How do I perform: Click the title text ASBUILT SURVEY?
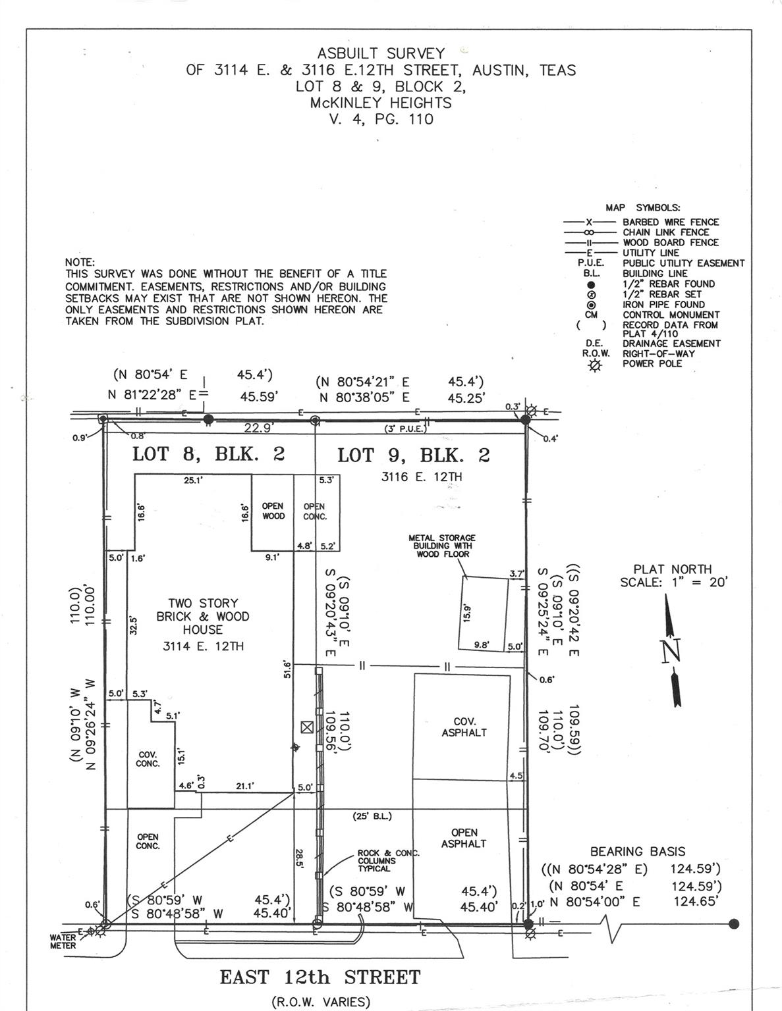click(x=381, y=53)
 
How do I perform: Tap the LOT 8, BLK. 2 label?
click(x=208, y=454)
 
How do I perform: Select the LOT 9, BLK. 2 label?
click(x=413, y=455)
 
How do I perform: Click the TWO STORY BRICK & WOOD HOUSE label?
click(x=202, y=617)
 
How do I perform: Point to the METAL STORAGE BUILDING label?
click(x=442, y=546)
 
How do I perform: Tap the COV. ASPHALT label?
click(x=464, y=727)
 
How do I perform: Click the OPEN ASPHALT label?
click(x=464, y=837)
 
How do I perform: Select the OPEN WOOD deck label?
click(x=273, y=511)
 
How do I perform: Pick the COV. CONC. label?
click(x=148, y=759)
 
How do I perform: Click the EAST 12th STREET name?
click(x=320, y=977)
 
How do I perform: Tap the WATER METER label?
click(x=63, y=941)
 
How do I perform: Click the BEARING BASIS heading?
click(x=637, y=851)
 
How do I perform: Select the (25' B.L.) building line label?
click(x=372, y=816)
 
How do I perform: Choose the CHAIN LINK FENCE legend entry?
click(x=665, y=232)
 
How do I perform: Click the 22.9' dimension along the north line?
click(x=258, y=428)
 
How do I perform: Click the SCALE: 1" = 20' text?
click(x=673, y=583)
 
